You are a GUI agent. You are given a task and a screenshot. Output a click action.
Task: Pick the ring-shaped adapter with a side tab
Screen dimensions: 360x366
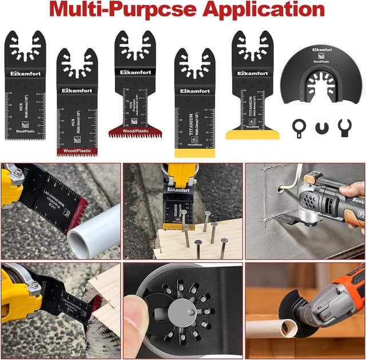pos(298,125)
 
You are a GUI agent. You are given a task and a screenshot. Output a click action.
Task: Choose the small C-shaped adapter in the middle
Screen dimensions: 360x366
pos(321,125)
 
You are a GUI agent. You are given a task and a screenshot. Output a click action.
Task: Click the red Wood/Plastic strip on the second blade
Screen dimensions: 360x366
pos(76,151)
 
